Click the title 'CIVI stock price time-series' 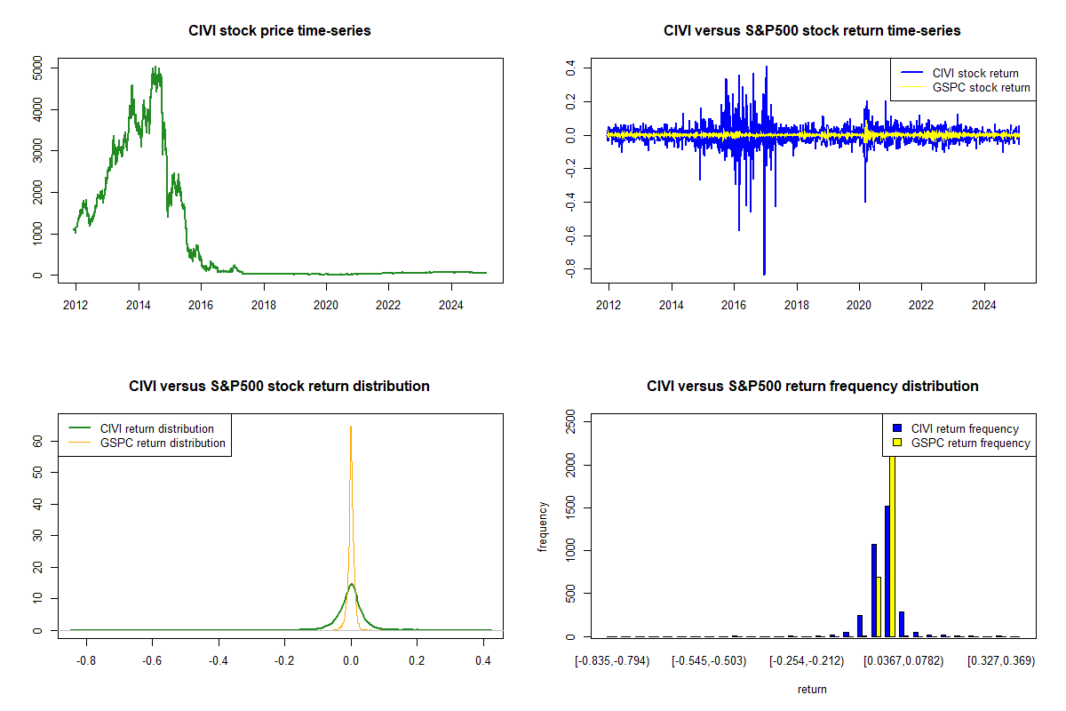point(280,31)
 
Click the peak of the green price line point(155,67)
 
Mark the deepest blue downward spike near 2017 point(764,274)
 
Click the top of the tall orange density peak point(351,427)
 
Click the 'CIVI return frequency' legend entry point(964,428)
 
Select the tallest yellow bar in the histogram point(891,542)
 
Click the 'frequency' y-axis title point(543,526)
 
